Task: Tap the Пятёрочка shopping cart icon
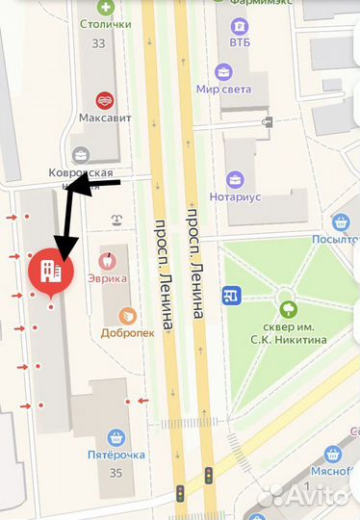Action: tap(116, 437)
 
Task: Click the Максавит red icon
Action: tap(104, 99)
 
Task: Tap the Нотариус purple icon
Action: tap(234, 179)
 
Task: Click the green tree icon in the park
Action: tap(286, 310)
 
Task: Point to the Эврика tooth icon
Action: tap(108, 258)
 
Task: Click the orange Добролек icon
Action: tap(126, 317)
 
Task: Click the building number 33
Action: tap(98, 43)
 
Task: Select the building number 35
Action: tap(116, 473)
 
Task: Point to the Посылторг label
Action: tap(336, 240)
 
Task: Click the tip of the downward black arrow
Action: tap(61, 258)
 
